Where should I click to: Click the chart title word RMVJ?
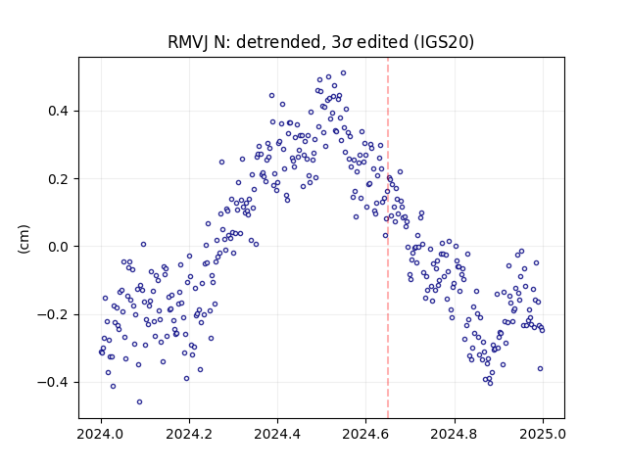click(x=187, y=42)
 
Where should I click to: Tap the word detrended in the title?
click(x=278, y=42)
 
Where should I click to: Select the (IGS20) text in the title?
click(x=443, y=42)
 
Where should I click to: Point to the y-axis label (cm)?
click(x=24, y=239)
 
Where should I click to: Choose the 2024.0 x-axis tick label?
click(x=101, y=434)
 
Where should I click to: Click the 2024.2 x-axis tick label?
click(x=189, y=434)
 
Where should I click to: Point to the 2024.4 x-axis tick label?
click(x=277, y=434)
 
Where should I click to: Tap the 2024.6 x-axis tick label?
click(x=365, y=434)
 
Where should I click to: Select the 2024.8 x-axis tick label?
click(x=455, y=434)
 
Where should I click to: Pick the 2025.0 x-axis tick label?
click(x=543, y=434)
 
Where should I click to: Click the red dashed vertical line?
click(x=388, y=238)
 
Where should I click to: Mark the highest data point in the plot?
click(x=343, y=73)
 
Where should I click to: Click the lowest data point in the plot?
click(x=139, y=402)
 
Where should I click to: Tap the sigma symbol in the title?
click(x=347, y=43)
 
